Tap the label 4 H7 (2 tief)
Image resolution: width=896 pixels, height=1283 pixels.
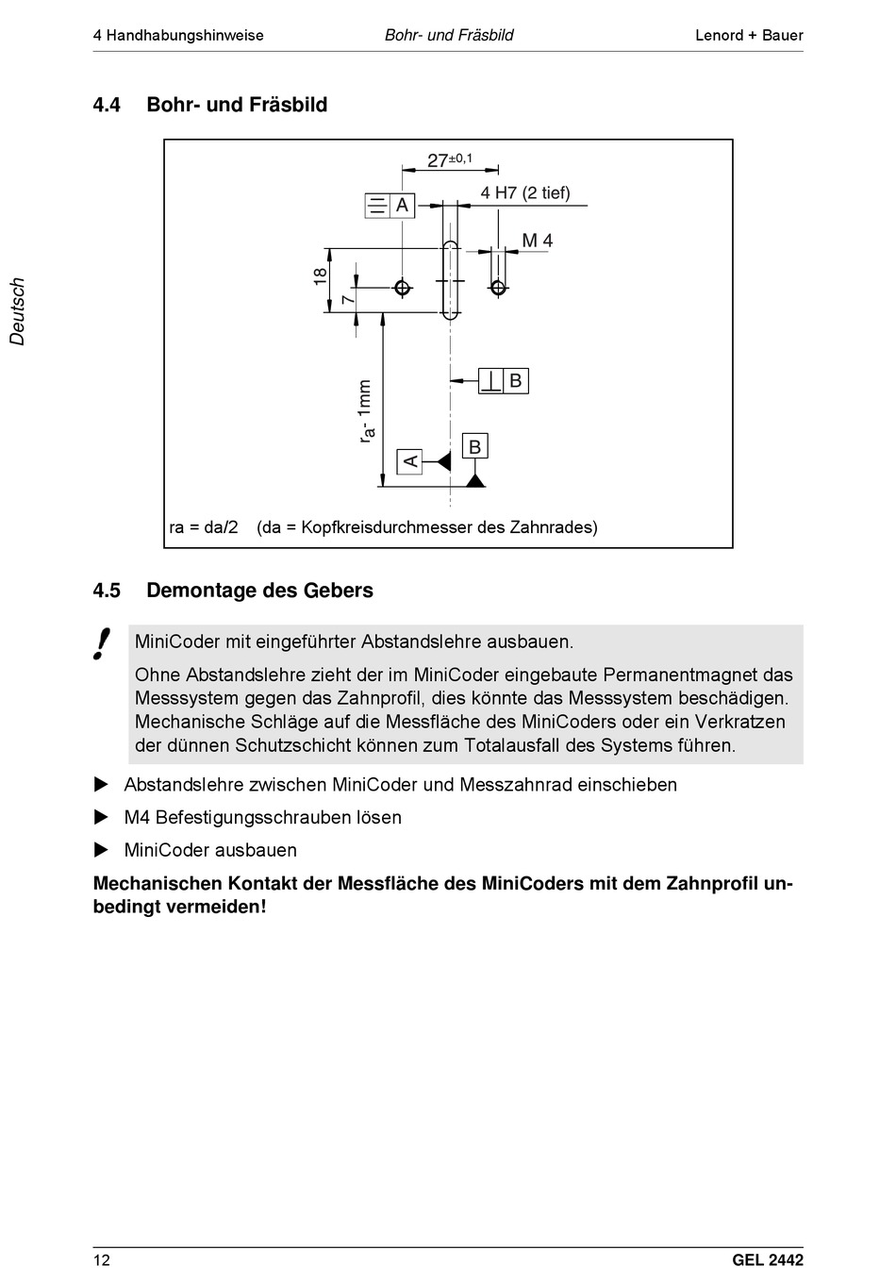coord(525,192)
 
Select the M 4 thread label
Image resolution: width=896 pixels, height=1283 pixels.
coord(538,241)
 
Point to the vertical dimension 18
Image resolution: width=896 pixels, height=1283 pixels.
coord(321,276)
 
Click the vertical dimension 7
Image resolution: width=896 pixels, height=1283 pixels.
coord(348,299)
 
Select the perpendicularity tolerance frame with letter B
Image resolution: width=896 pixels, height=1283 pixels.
coord(503,381)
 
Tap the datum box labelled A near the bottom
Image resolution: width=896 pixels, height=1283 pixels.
coord(409,461)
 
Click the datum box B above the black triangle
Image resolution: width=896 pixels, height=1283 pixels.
coord(475,446)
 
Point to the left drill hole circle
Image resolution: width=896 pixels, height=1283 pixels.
coord(403,287)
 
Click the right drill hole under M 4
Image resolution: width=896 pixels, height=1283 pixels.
coord(498,286)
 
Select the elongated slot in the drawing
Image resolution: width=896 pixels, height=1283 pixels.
coord(451,280)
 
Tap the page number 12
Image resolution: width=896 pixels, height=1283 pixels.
coord(101,1260)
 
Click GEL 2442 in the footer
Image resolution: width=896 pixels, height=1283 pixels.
coord(767,1260)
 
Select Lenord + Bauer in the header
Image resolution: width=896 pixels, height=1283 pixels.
coord(749,36)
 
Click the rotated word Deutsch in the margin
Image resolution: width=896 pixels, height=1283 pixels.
coord(18,311)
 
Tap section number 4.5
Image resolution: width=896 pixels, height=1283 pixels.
coord(107,591)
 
